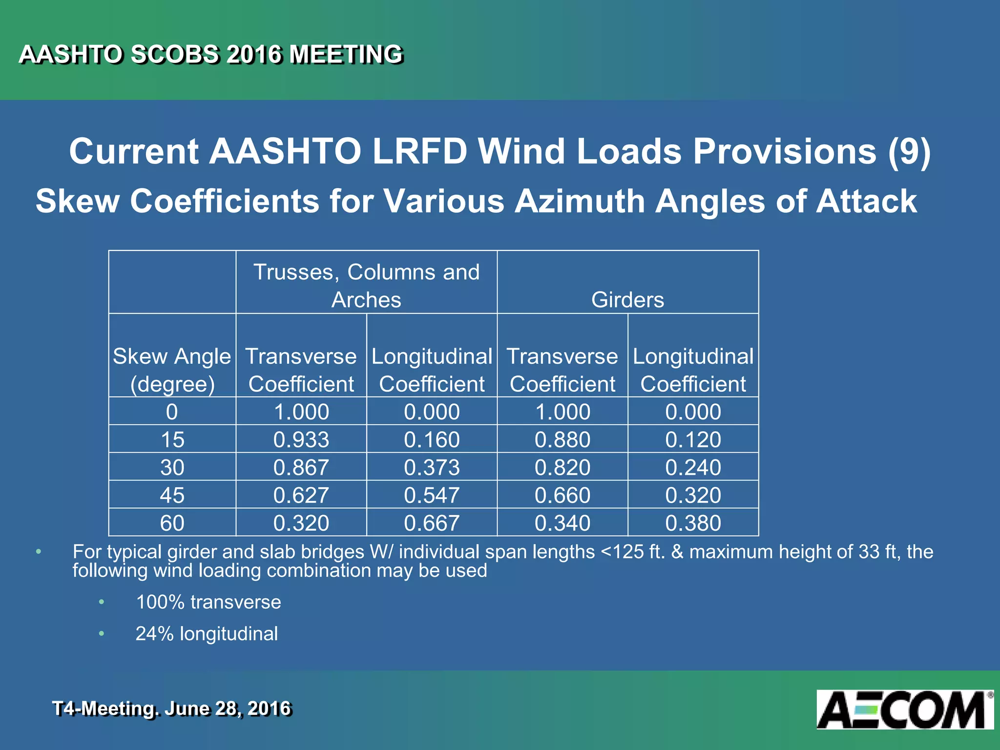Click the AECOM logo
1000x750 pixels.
(905, 709)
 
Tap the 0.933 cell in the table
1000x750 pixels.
(301, 439)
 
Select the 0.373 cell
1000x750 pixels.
(432, 467)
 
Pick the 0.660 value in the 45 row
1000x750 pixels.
(562, 495)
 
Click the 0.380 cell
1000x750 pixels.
(693, 523)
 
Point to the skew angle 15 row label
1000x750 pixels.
(172, 439)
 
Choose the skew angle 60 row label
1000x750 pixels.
(172, 523)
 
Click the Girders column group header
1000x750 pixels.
(627, 299)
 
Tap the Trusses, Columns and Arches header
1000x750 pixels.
(366, 285)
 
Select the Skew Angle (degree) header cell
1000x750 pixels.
(172, 370)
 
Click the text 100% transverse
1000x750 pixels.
(208, 602)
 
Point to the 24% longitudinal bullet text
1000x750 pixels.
(207, 634)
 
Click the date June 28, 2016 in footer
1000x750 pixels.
(228, 708)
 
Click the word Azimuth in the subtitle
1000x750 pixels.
(580, 201)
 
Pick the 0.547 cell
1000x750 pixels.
(432, 495)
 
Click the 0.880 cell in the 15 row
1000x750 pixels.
(562, 439)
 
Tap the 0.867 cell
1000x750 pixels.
(301, 467)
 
